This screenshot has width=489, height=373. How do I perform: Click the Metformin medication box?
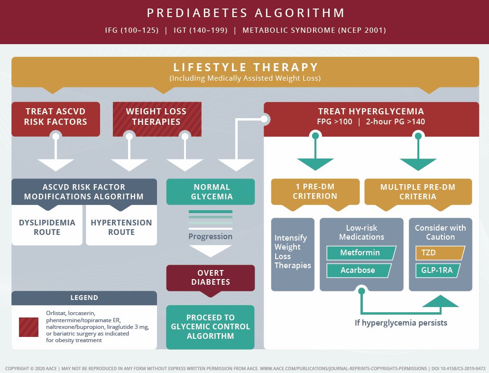(x=361, y=253)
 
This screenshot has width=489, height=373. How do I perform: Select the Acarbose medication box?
(x=359, y=270)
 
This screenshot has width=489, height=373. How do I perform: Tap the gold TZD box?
(x=440, y=253)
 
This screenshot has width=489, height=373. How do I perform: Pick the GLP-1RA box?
(x=438, y=270)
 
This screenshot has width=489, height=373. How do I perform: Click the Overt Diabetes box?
(x=211, y=278)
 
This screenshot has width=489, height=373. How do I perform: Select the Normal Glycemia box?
(x=211, y=192)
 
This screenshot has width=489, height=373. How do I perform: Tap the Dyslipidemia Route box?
(x=47, y=227)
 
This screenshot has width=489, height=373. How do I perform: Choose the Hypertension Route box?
(x=121, y=227)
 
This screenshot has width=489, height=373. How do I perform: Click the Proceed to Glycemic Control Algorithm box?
(x=210, y=327)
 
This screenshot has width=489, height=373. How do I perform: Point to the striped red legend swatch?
(x=28, y=327)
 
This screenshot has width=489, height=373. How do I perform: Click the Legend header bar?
(x=84, y=298)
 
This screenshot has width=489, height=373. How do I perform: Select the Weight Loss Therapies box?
(x=157, y=119)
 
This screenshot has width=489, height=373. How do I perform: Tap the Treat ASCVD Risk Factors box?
(x=56, y=119)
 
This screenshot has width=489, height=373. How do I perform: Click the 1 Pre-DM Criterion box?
(x=315, y=192)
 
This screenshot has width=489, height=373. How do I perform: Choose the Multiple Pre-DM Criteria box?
(x=418, y=192)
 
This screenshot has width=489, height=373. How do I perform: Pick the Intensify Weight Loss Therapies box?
(x=293, y=254)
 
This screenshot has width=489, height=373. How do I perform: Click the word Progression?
(x=210, y=237)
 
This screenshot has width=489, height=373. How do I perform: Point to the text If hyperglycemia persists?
(x=401, y=323)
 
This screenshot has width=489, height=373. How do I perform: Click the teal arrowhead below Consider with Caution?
(x=440, y=301)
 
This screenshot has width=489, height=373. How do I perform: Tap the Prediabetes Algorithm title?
(x=246, y=13)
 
